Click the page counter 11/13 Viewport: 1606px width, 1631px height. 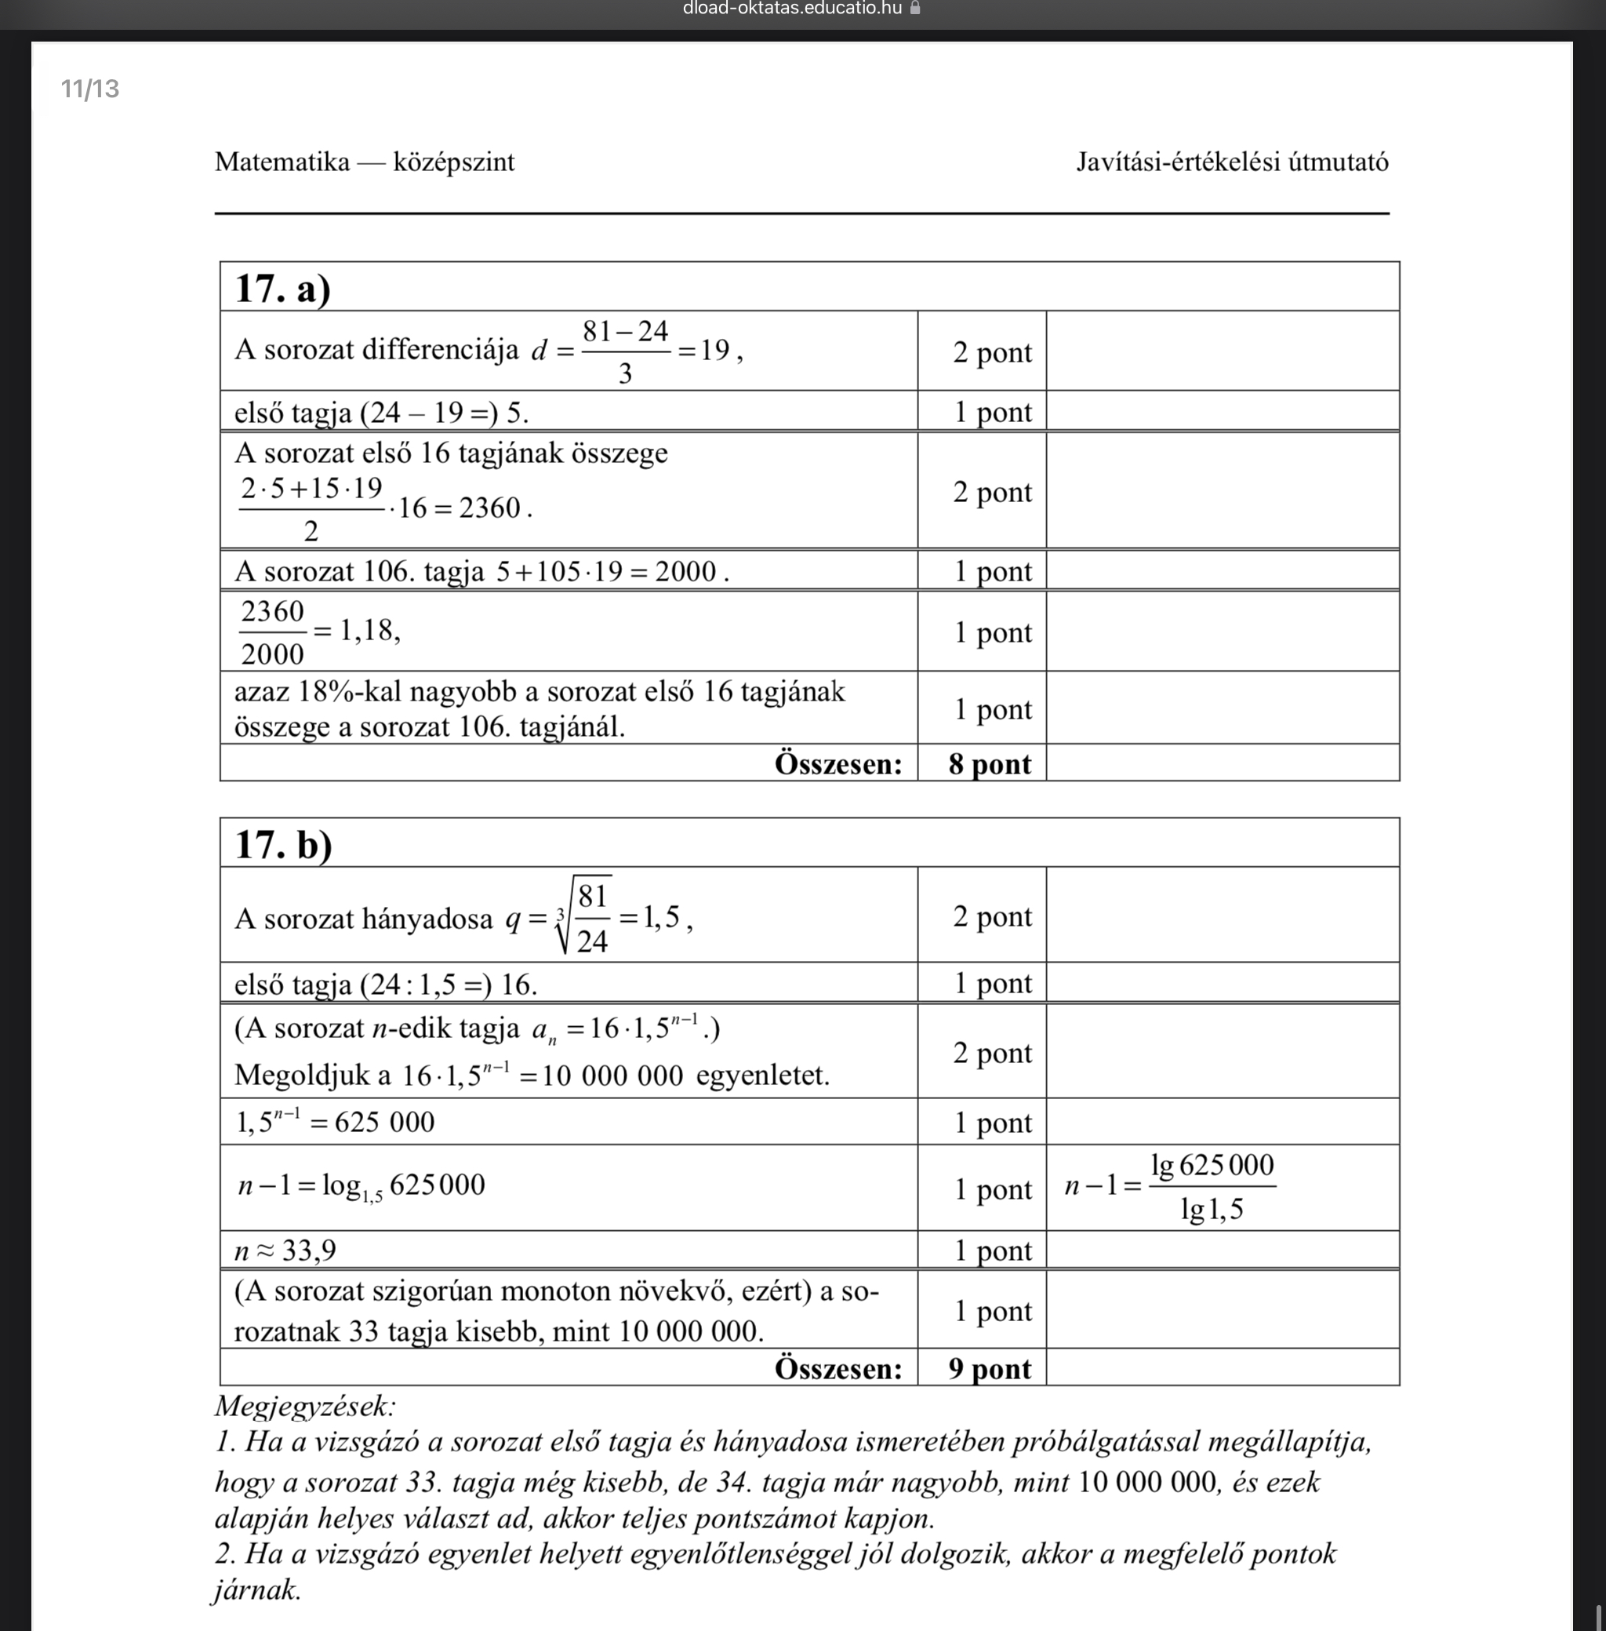pyautogui.click(x=90, y=89)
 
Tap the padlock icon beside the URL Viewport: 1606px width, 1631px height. pyautogui.click(x=915, y=9)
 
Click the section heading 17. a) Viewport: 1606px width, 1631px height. pyautogui.click(x=282, y=288)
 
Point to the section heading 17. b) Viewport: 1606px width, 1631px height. pyautogui.click(x=283, y=844)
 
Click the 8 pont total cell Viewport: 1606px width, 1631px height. pyautogui.click(x=990, y=763)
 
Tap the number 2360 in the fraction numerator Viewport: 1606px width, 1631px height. pyautogui.click(x=272, y=611)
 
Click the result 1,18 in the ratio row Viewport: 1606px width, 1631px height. pyautogui.click(x=369, y=630)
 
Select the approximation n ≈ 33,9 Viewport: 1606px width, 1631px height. pyautogui.click(x=285, y=1250)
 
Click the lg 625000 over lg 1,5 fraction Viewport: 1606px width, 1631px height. pyautogui.click(x=1212, y=1187)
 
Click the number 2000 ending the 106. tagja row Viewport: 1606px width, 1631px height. pyautogui.click(x=685, y=571)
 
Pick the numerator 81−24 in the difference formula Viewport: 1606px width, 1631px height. pyautogui.click(x=625, y=331)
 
